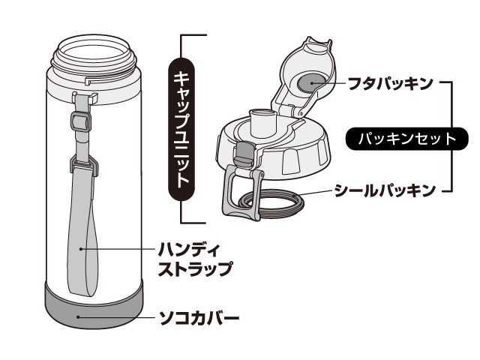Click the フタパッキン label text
(x=391, y=83)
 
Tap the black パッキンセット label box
(x=406, y=139)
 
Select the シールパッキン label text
(x=385, y=190)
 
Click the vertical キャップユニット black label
(x=181, y=129)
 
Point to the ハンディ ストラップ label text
(x=195, y=259)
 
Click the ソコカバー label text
(x=199, y=318)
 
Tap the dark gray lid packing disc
(x=311, y=83)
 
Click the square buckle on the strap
(x=81, y=121)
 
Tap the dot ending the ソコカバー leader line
(x=78, y=316)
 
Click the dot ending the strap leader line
(x=81, y=249)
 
